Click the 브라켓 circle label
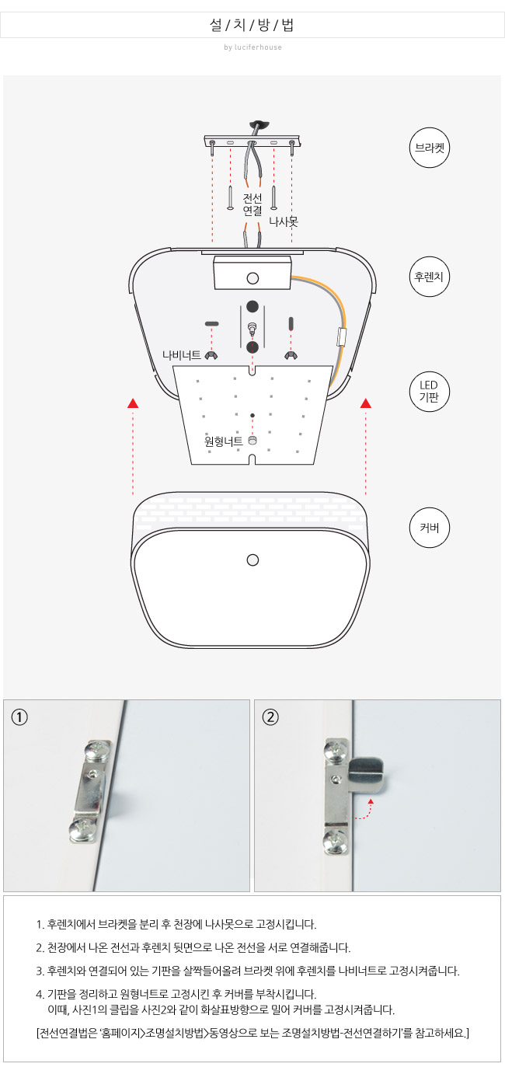point(430,148)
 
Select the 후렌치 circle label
point(430,277)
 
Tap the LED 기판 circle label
point(430,392)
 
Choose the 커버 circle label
point(430,528)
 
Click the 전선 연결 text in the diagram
point(252,204)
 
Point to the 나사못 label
point(284,221)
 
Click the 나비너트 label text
point(182,355)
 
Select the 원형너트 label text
point(224,441)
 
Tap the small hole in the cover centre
point(253,560)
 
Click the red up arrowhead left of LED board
point(133,403)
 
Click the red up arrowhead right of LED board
point(366,403)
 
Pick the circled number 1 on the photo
point(19,717)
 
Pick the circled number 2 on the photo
point(270,717)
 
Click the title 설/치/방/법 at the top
point(252,25)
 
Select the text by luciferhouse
point(253,47)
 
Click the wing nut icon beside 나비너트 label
point(211,355)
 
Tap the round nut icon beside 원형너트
point(252,441)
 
